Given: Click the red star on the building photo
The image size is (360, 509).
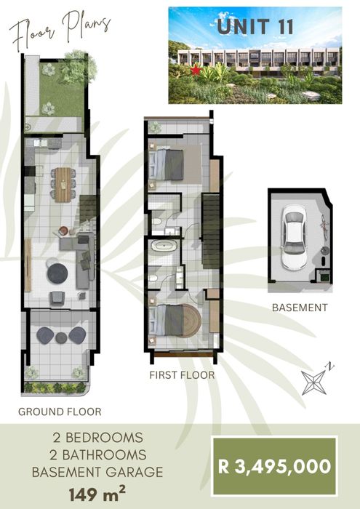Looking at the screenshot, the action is [x=196, y=70].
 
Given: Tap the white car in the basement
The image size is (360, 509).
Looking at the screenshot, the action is [x=294, y=237].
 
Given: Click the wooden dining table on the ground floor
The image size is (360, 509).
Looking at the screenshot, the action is [x=63, y=185].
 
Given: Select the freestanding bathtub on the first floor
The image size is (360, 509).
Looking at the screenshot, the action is [x=164, y=246].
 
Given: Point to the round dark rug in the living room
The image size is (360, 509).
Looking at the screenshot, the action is [x=57, y=273].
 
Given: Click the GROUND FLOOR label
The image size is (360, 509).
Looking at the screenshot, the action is [x=60, y=412].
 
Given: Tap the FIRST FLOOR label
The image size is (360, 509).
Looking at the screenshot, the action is [x=182, y=375].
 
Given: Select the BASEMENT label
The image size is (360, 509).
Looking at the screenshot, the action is [x=300, y=308].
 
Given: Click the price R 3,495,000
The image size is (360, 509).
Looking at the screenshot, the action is [x=275, y=466].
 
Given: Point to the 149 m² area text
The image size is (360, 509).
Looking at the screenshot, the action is [x=97, y=494].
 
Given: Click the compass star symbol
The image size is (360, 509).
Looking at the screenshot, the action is [x=313, y=382].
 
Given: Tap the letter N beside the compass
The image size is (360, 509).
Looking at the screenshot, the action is [x=330, y=366].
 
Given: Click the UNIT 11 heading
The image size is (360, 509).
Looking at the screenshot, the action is [x=255, y=27].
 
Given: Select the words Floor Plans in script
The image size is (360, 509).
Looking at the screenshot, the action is [x=60, y=30].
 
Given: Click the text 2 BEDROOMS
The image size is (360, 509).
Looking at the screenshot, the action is [x=97, y=438].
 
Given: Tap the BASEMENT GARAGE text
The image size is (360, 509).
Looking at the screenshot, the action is [x=97, y=472].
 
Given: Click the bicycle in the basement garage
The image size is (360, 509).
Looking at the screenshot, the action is [x=324, y=224].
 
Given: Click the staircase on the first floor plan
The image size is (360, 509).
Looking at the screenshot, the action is [x=211, y=231].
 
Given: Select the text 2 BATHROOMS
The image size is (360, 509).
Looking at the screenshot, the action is [x=97, y=454].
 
